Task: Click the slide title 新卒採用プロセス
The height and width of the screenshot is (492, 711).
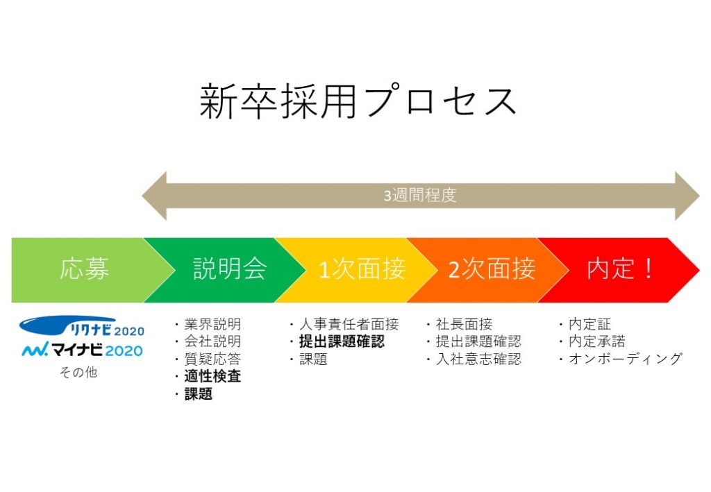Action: click(x=358, y=101)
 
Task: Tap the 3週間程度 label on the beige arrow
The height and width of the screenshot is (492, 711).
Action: click(x=420, y=196)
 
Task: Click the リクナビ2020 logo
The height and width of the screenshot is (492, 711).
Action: click(x=82, y=326)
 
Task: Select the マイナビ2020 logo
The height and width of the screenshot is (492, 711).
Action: click(x=83, y=350)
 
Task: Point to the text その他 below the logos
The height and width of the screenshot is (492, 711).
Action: click(x=78, y=373)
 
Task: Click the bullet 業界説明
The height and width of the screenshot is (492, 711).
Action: click(x=212, y=324)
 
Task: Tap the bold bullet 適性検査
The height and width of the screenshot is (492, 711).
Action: click(x=212, y=376)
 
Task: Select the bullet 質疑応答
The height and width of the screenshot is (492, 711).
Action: click(x=212, y=359)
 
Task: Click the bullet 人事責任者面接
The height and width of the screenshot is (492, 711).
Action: click(x=349, y=324)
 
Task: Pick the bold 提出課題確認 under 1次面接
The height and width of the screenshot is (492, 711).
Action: click(x=342, y=341)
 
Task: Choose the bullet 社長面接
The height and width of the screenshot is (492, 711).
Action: click(x=464, y=324)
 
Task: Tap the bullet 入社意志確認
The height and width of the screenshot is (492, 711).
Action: click(x=478, y=359)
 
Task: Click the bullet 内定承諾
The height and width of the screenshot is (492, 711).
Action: click(x=596, y=341)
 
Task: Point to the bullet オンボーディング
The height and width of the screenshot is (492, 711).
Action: click(x=626, y=359)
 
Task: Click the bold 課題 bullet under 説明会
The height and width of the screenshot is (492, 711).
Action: click(x=198, y=393)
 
